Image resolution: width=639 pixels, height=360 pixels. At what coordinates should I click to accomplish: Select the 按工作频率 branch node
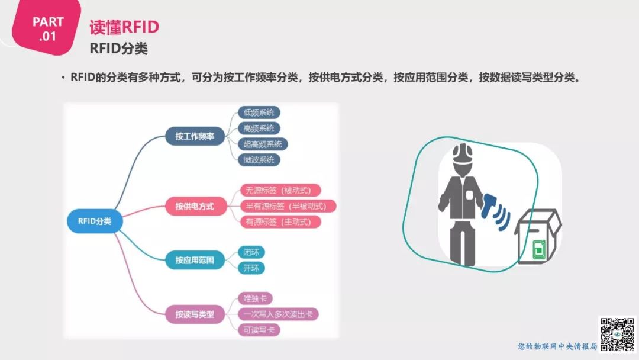(x=194, y=136)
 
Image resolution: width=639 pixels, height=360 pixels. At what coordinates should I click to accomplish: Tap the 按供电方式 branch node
(x=194, y=206)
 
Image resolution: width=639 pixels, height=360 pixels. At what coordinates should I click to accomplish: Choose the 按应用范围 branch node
(x=194, y=260)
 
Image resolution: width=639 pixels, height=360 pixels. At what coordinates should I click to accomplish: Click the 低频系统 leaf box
(x=259, y=112)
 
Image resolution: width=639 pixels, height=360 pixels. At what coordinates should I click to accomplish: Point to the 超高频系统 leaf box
(x=263, y=144)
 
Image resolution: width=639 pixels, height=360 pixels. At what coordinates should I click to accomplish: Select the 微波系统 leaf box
(x=259, y=159)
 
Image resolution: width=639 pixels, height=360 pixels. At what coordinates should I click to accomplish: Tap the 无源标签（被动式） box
(x=279, y=191)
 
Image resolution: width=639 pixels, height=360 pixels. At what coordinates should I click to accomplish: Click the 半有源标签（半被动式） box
(x=286, y=206)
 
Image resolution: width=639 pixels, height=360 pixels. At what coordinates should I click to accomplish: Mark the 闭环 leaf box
(x=251, y=252)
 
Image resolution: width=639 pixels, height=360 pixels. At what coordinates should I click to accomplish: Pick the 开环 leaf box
(x=251, y=268)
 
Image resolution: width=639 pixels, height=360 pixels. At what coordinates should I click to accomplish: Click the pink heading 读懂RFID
(x=124, y=27)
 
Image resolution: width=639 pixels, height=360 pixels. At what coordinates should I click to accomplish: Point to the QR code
(x=618, y=333)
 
